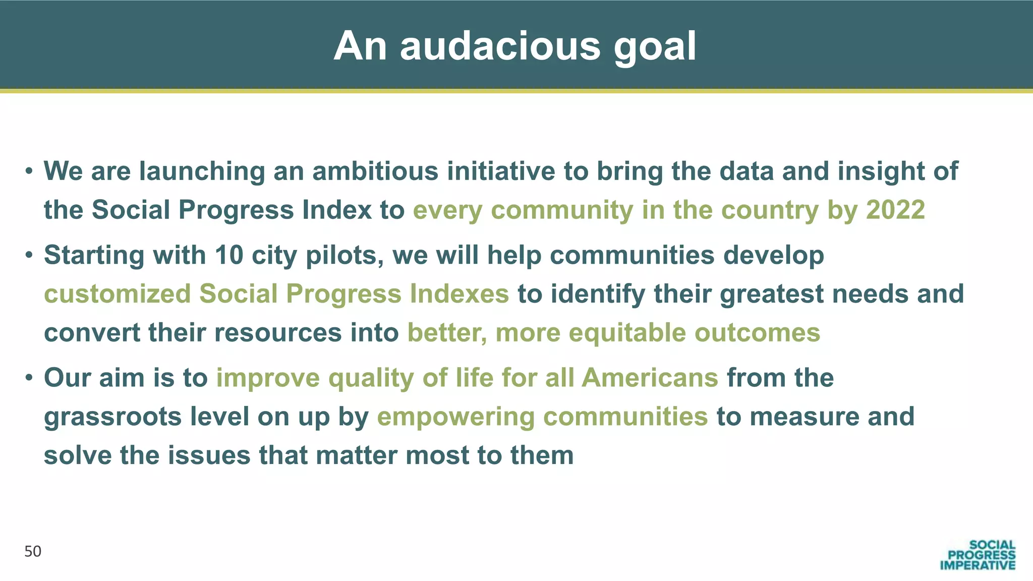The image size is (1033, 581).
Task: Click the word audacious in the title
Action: click(500, 46)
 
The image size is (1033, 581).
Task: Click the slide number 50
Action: click(33, 552)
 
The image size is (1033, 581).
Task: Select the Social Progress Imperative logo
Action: click(977, 555)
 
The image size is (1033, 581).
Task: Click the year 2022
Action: click(895, 210)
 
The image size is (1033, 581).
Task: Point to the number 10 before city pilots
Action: click(229, 255)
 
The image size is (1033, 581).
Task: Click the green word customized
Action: click(118, 294)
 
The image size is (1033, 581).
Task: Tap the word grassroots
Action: click(112, 417)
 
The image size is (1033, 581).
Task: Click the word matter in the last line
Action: click(356, 455)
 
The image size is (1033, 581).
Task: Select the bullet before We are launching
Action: click(29, 171)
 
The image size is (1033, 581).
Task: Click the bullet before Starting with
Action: click(29, 256)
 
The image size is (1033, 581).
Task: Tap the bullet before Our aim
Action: click(29, 378)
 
